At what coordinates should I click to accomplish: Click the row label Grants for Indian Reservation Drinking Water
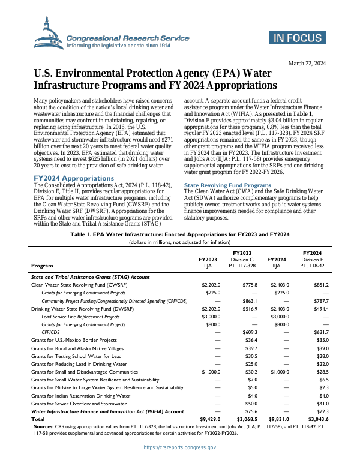tap(80, 396)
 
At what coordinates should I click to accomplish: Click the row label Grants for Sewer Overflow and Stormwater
tap(80, 404)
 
